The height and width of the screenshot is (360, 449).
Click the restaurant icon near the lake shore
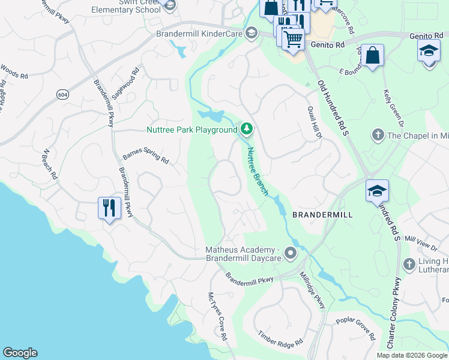(x=109, y=208)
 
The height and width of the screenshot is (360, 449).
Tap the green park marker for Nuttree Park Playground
(x=246, y=129)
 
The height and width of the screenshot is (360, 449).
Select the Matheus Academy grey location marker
(x=291, y=253)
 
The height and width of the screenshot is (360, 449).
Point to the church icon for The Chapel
(x=378, y=135)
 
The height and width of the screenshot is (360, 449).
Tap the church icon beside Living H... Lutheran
(x=409, y=265)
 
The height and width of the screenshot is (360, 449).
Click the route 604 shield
(x=62, y=94)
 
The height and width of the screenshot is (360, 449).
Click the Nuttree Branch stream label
(x=258, y=172)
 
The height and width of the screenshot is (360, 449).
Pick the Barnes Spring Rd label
(x=146, y=157)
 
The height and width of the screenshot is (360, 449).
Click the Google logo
(x=20, y=353)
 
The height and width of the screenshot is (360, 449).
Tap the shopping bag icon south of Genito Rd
(x=372, y=56)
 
